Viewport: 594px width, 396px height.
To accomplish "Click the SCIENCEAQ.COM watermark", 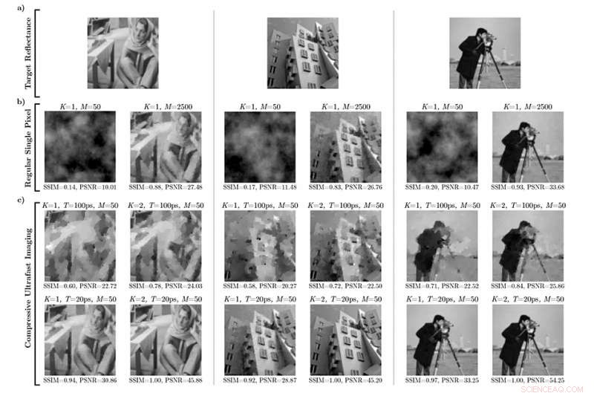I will click(x=552, y=389).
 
